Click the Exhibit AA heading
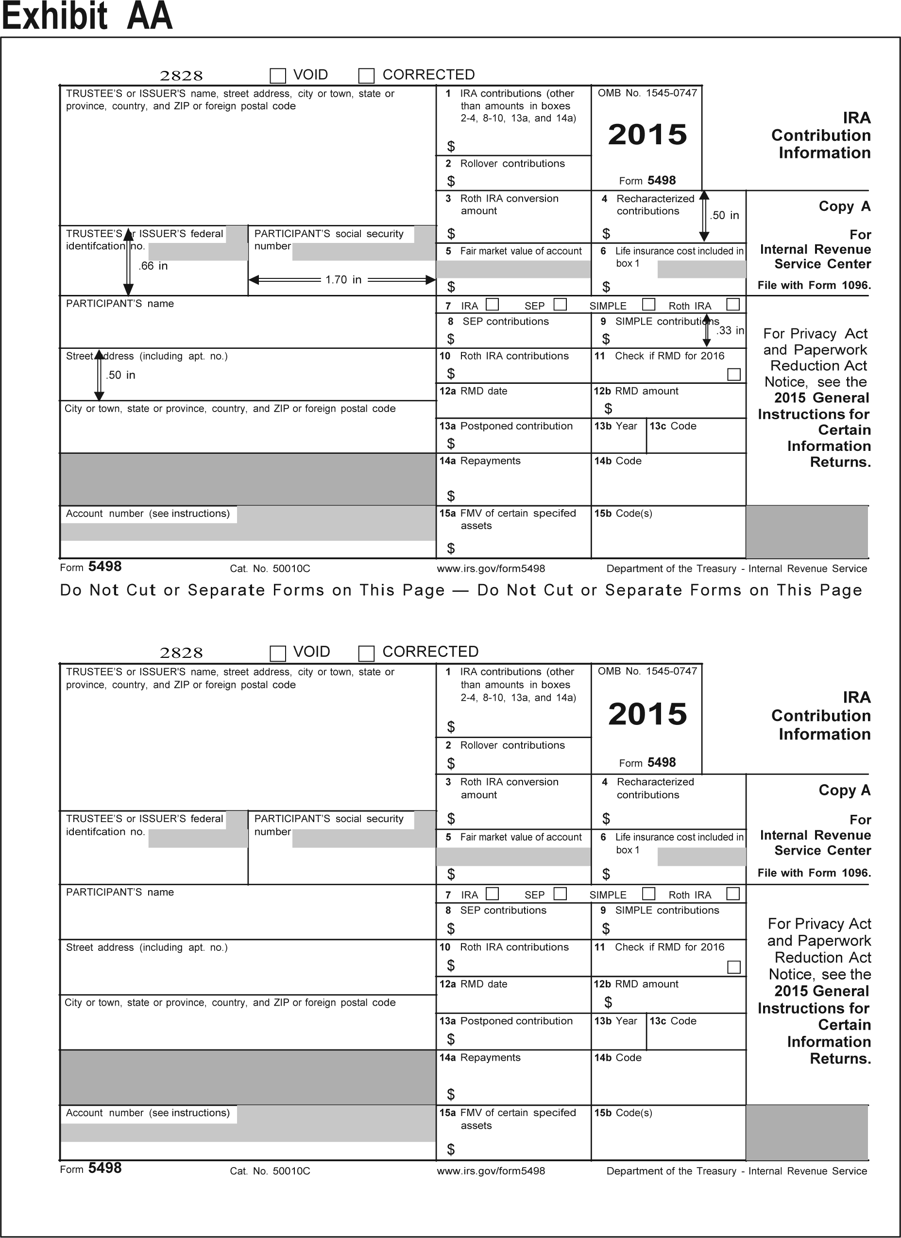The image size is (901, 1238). click(87, 17)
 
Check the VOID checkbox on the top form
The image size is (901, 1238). click(278, 75)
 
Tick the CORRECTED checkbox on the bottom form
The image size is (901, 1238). click(366, 653)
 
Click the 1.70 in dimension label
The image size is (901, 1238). click(343, 280)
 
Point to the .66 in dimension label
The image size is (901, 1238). click(153, 266)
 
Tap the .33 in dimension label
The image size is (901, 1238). click(730, 331)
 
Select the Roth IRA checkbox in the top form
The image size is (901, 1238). click(733, 305)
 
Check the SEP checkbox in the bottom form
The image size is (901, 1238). click(560, 894)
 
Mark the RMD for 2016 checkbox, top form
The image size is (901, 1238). click(734, 375)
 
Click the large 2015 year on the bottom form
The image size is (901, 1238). click(647, 714)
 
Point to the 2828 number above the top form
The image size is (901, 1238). click(181, 76)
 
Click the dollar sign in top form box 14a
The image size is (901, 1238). click(451, 496)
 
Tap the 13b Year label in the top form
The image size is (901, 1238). click(615, 426)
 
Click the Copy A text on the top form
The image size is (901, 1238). click(844, 206)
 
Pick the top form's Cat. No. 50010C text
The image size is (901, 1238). click(270, 569)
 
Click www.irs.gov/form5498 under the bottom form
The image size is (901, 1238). click(491, 1171)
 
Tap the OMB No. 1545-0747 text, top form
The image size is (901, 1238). click(647, 93)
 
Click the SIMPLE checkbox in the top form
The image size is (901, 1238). click(648, 304)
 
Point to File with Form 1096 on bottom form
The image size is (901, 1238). click(814, 873)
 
